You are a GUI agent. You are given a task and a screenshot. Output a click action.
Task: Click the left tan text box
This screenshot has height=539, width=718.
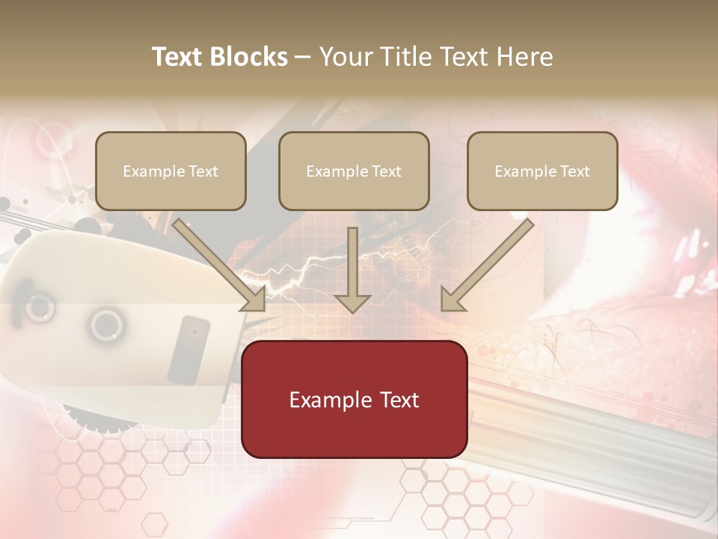coord(171,171)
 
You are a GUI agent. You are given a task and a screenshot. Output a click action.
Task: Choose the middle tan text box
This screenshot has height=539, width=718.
coord(354,171)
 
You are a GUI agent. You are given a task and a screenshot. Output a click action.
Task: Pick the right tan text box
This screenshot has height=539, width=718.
coord(542,171)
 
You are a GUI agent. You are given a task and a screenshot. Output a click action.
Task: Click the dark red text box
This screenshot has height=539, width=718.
coord(354,399)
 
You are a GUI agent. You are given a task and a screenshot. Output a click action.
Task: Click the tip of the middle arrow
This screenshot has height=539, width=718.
coord(352,310)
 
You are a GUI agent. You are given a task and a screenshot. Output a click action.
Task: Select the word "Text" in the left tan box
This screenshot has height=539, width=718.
coord(203,171)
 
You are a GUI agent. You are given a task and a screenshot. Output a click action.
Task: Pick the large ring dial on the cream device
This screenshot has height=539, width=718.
coord(106,325)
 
